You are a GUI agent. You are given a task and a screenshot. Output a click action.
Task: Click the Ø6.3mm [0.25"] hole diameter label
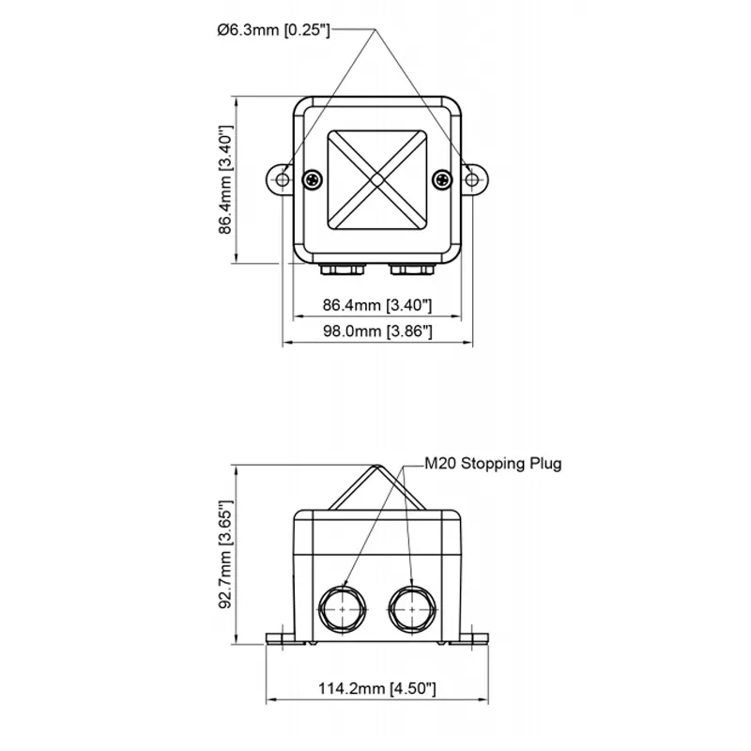[273, 30]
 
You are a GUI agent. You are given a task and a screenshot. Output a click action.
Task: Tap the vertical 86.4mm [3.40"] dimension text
[225, 179]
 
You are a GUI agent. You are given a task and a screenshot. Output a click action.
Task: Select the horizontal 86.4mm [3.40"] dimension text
[377, 304]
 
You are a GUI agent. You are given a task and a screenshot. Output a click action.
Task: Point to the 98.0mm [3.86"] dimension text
[377, 331]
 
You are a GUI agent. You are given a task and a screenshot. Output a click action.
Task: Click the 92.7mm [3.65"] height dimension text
[225, 554]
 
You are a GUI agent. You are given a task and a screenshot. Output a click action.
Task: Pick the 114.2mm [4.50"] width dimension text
[377, 688]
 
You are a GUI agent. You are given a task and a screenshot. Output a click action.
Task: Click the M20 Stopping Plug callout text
[493, 464]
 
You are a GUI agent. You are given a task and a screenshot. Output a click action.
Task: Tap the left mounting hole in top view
[283, 179]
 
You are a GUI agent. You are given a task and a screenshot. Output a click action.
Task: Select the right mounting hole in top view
[472, 179]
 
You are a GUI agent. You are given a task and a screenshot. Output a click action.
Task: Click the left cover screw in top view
[313, 179]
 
